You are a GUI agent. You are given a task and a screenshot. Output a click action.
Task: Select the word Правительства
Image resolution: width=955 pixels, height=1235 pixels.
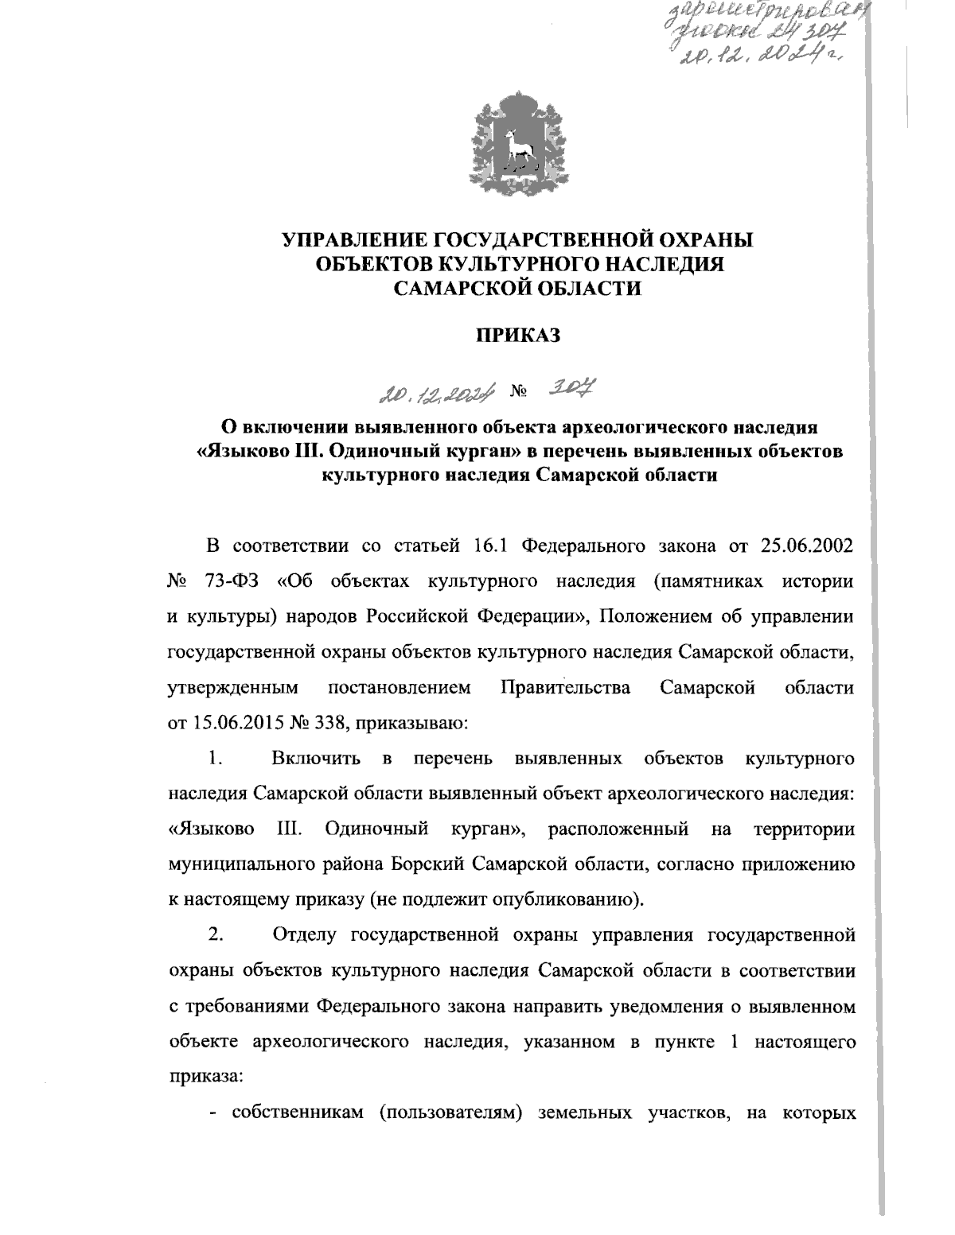click(x=566, y=687)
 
